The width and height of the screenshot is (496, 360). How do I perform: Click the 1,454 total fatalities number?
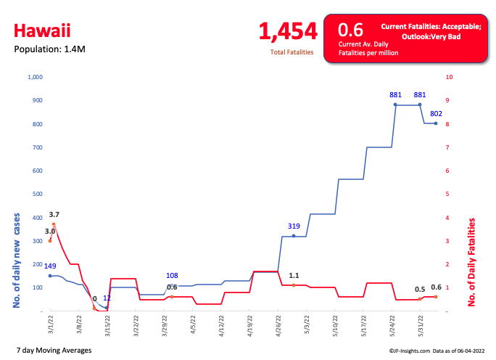point(288,31)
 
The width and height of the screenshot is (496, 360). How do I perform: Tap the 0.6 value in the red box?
point(350,30)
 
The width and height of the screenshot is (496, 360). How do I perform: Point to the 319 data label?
point(293,226)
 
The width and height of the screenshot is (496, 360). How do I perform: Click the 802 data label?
point(436,113)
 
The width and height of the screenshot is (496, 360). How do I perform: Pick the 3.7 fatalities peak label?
point(54,215)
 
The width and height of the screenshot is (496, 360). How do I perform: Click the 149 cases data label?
point(50,266)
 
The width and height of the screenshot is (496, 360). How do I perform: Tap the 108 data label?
point(172,276)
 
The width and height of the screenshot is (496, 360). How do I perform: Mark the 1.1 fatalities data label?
point(294,276)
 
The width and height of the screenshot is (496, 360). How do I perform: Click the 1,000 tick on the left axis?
point(35,77)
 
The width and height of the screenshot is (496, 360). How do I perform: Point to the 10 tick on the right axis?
point(450,77)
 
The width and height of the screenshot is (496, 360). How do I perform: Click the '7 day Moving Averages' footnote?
point(54,351)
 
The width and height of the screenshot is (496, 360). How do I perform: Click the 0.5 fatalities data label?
point(420,289)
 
